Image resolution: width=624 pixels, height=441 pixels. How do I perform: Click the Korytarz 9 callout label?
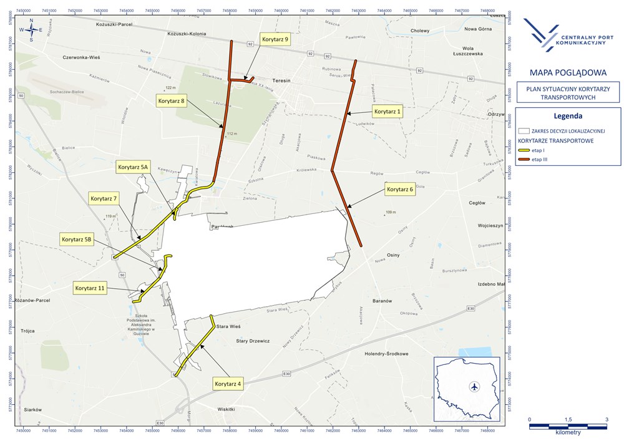tap(275, 39)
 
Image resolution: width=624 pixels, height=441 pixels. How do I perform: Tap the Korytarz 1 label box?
tap(388, 112)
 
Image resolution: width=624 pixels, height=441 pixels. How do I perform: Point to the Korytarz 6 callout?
tap(400, 190)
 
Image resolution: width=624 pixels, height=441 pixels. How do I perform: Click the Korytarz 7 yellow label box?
tap(104, 199)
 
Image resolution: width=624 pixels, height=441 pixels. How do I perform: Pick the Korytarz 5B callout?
tap(76, 239)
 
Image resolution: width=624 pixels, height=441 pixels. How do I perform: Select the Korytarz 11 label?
tap(90, 288)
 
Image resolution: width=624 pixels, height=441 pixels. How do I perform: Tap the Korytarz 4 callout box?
tap(227, 383)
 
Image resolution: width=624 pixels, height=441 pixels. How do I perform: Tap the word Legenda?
tap(568, 116)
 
